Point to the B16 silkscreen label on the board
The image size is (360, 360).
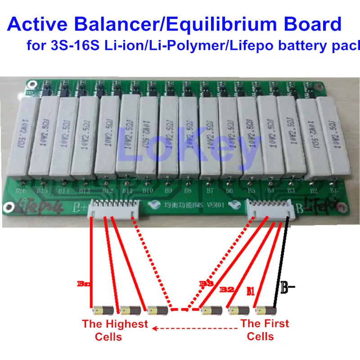pyautogui.click(x=21, y=191)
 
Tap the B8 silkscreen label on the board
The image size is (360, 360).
pyautogui.click(x=188, y=190)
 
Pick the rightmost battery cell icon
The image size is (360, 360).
pyautogui.click(x=266, y=310)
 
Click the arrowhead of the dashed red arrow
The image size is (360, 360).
pyautogui.click(x=155, y=328)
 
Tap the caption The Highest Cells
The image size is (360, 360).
pyautogui.click(x=115, y=330)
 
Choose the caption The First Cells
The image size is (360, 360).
pyautogui.click(x=265, y=330)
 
